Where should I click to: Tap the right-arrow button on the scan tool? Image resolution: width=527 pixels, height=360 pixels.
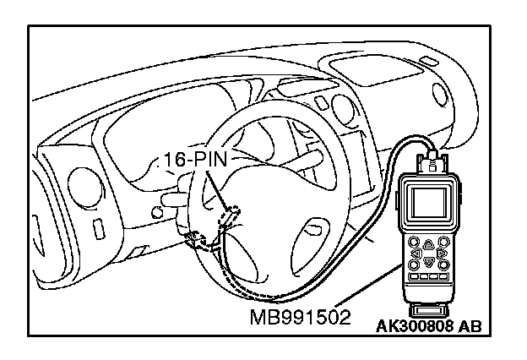pos(442,251)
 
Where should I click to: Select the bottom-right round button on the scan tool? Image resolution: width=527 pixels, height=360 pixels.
pos(443,263)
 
